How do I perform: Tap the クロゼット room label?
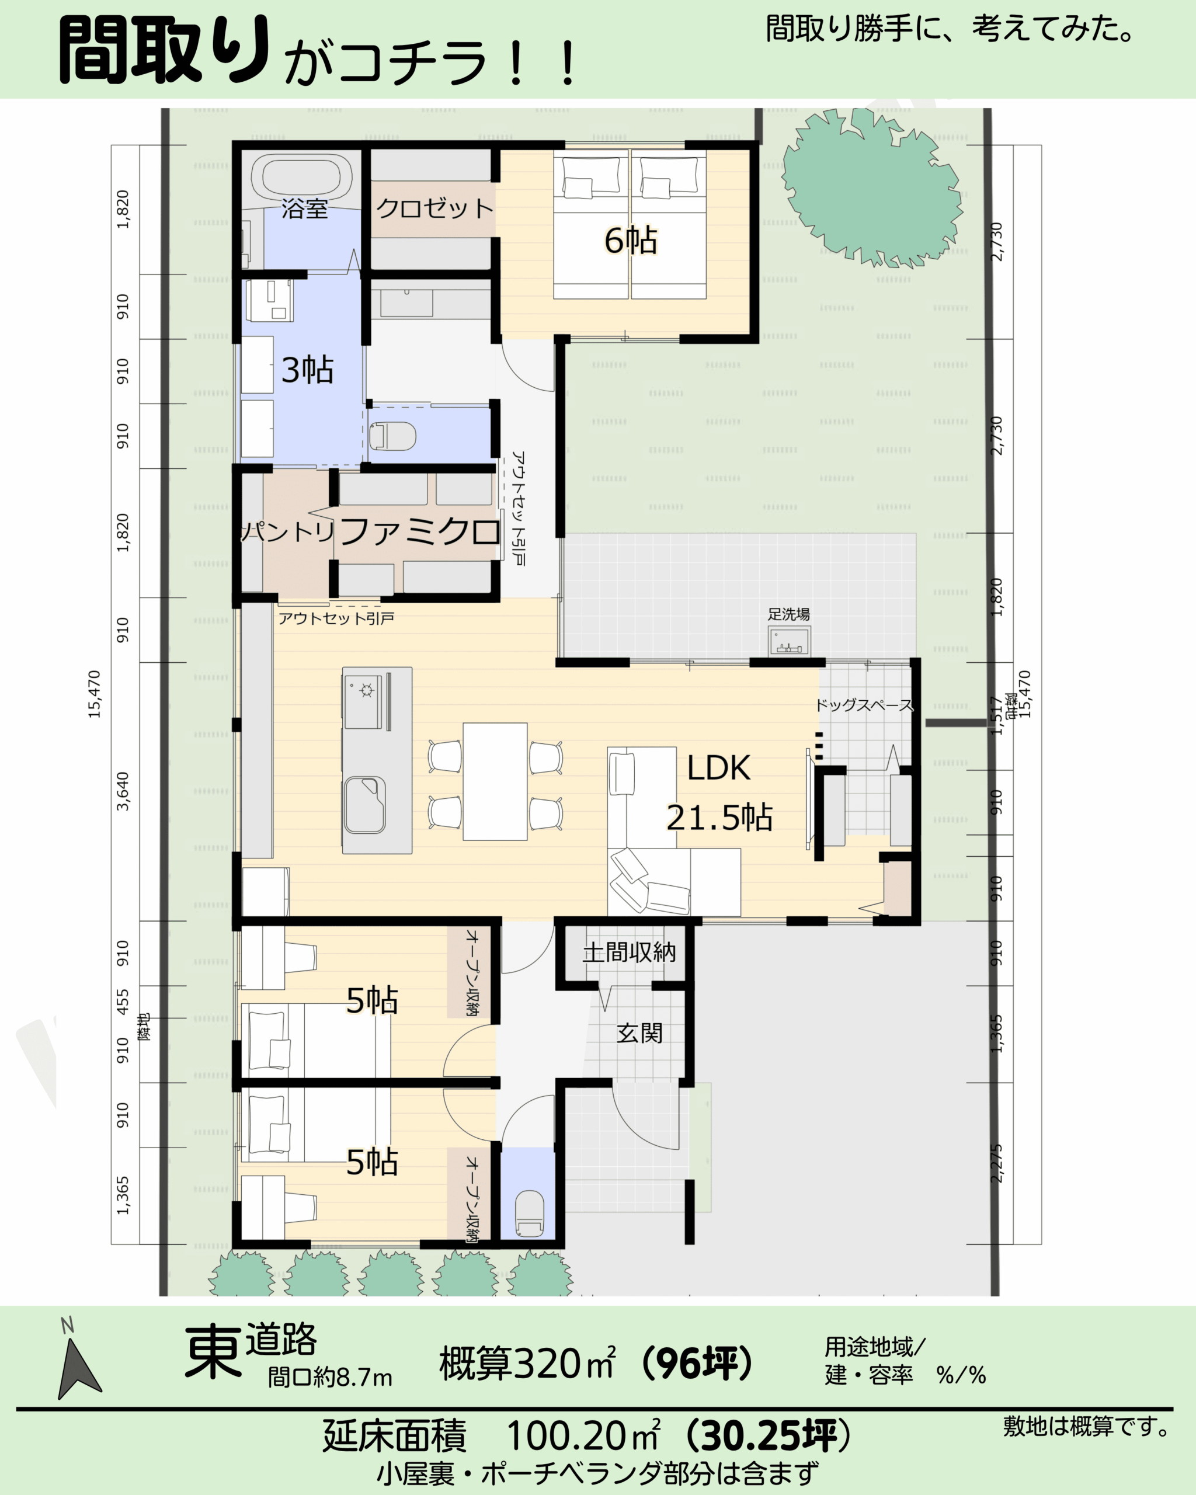434,208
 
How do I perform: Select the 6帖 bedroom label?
630,240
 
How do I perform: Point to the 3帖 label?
307,370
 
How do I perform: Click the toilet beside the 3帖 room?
392,436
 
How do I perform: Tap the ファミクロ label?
420,532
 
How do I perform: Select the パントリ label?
288,532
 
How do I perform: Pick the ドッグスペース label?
864,705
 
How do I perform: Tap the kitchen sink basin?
364,805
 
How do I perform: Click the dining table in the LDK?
495,781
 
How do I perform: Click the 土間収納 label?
629,952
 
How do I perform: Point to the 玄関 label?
639,1033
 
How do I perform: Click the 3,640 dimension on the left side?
123,791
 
